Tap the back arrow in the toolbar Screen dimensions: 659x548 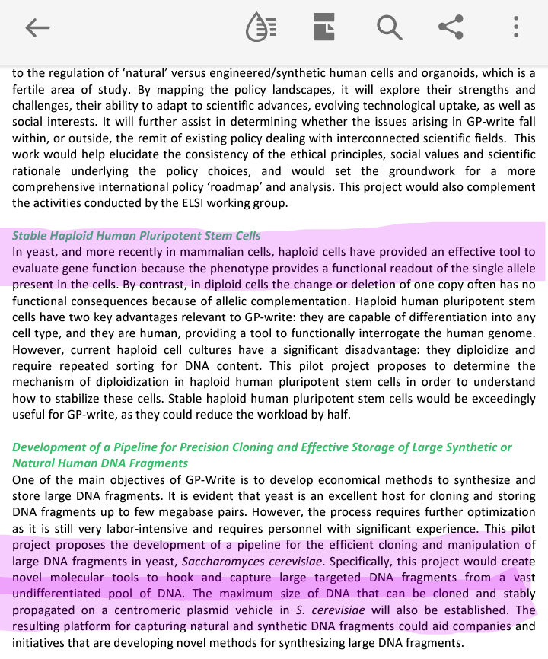(x=37, y=28)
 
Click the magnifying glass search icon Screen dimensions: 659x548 (x=389, y=28)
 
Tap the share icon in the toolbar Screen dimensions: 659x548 (x=451, y=28)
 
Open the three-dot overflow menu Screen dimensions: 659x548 (x=516, y=28)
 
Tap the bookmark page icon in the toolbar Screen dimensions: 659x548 (x=324, y=28)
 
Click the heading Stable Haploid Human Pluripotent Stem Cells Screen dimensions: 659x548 (x=137, y=236)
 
